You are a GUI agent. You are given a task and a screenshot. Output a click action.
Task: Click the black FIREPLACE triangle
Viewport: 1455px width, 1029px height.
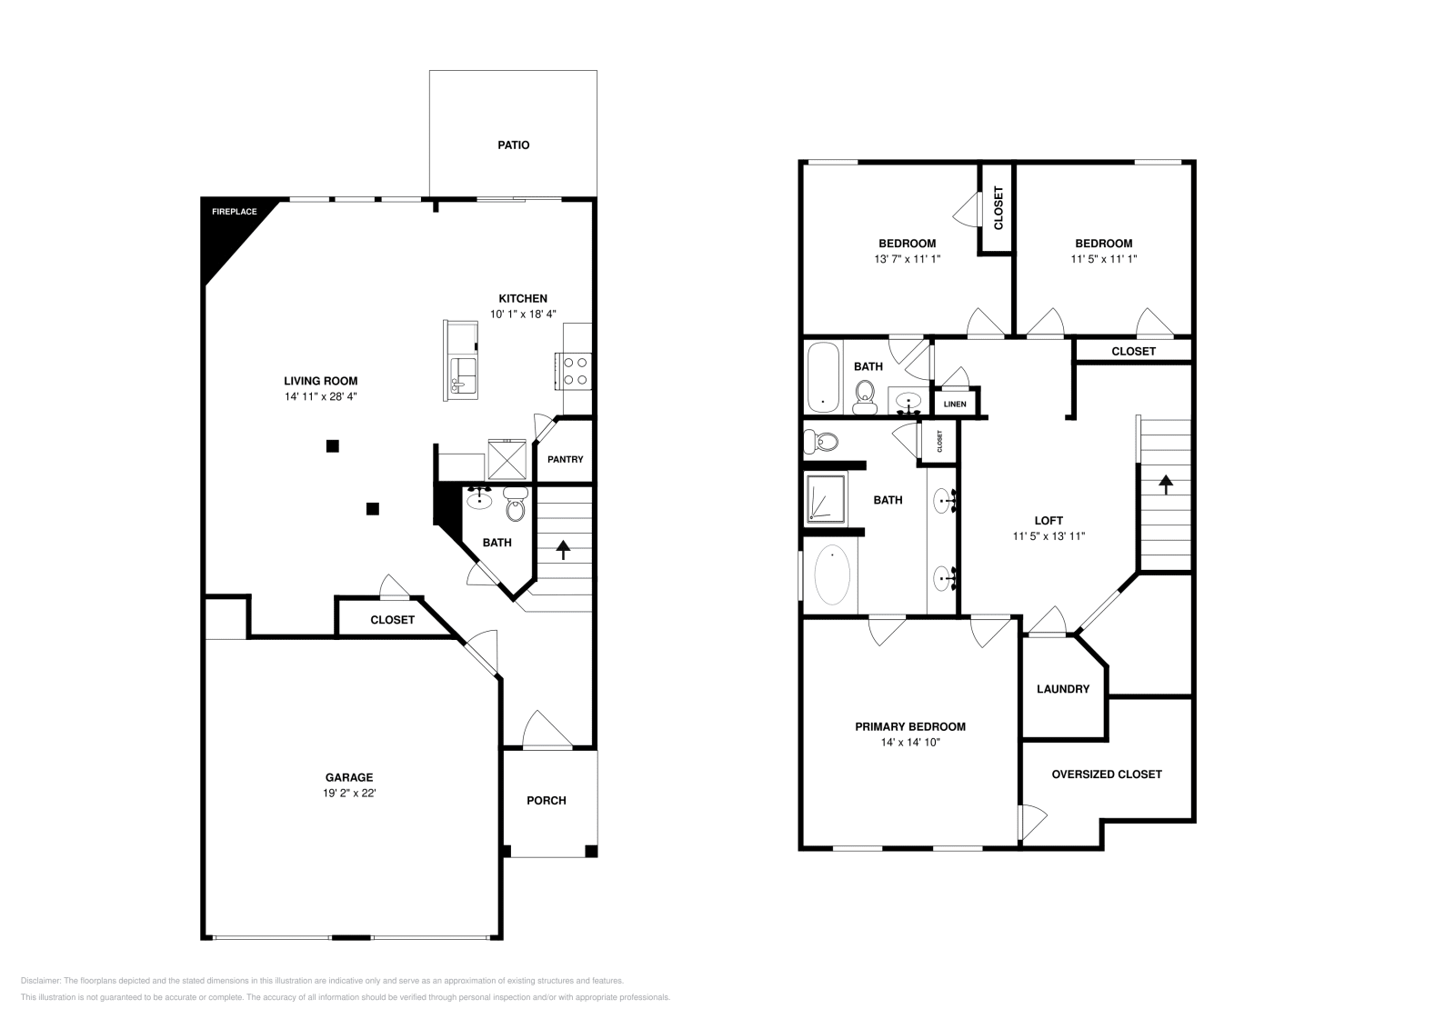(223, 232)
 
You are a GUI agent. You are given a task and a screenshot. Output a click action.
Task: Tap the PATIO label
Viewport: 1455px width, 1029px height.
(513, 145)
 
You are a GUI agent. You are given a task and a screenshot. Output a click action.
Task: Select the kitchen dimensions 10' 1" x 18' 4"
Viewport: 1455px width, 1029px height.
(523, 314)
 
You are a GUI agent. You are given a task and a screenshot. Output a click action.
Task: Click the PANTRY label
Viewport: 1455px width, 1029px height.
(565, 460)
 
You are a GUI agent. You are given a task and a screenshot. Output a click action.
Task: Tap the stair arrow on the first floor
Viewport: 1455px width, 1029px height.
(563, 549)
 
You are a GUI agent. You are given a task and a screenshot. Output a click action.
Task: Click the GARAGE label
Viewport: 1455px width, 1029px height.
(349, 777)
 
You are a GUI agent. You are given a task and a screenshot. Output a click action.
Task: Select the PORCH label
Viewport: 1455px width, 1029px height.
(547, 801)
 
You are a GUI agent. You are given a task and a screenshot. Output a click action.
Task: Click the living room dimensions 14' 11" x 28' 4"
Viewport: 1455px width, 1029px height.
(320, 397)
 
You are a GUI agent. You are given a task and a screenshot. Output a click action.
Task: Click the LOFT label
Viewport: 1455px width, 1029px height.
(1049, 521)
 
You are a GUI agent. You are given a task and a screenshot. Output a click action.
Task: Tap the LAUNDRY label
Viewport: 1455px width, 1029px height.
(1062, 689)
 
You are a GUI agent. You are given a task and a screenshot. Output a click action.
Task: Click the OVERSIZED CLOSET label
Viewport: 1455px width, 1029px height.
(1106, 774)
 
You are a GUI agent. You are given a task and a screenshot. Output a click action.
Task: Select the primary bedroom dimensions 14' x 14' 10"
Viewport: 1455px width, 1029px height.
(909, 743)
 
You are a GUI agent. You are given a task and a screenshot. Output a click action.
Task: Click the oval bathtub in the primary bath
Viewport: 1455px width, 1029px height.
(832, 574)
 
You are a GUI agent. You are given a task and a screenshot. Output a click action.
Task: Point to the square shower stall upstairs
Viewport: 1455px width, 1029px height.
(825, 498)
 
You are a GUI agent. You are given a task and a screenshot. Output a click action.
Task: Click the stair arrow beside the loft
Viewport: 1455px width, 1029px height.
(1165, 484)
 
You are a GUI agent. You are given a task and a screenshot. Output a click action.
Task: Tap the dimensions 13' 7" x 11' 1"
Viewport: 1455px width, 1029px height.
(907, 259)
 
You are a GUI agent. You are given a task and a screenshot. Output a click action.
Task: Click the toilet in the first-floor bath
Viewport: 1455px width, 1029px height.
(516, 506)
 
